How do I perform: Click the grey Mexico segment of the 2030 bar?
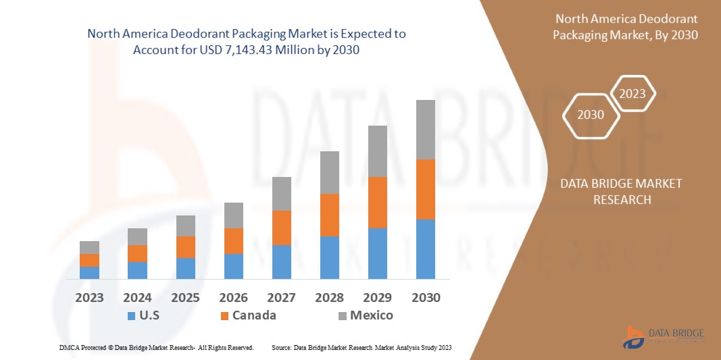(x=425, y=130)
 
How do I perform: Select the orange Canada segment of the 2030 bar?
(x=425, y=189)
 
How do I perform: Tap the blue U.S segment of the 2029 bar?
(x=377, y=253)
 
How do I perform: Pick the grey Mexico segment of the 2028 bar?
(x=329, y=172)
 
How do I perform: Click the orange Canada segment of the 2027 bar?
(x=281, y=228)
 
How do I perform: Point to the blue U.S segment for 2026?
(x=233, y=266)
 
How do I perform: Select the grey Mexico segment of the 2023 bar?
(x=89, y=247)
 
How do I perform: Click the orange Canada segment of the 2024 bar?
(x=137, y=253)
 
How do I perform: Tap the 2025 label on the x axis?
(x=185, y=298)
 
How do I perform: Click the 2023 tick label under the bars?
(x=89, y=298)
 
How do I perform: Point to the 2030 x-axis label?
(x=425, y=298)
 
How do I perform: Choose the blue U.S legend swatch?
(x=130, y=315)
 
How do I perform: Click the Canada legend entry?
(x=253, y=315)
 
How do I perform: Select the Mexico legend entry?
(x=370, y=315)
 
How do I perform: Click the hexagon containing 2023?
(x=632, y=94)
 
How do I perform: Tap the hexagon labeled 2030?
(x=591, y=115)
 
